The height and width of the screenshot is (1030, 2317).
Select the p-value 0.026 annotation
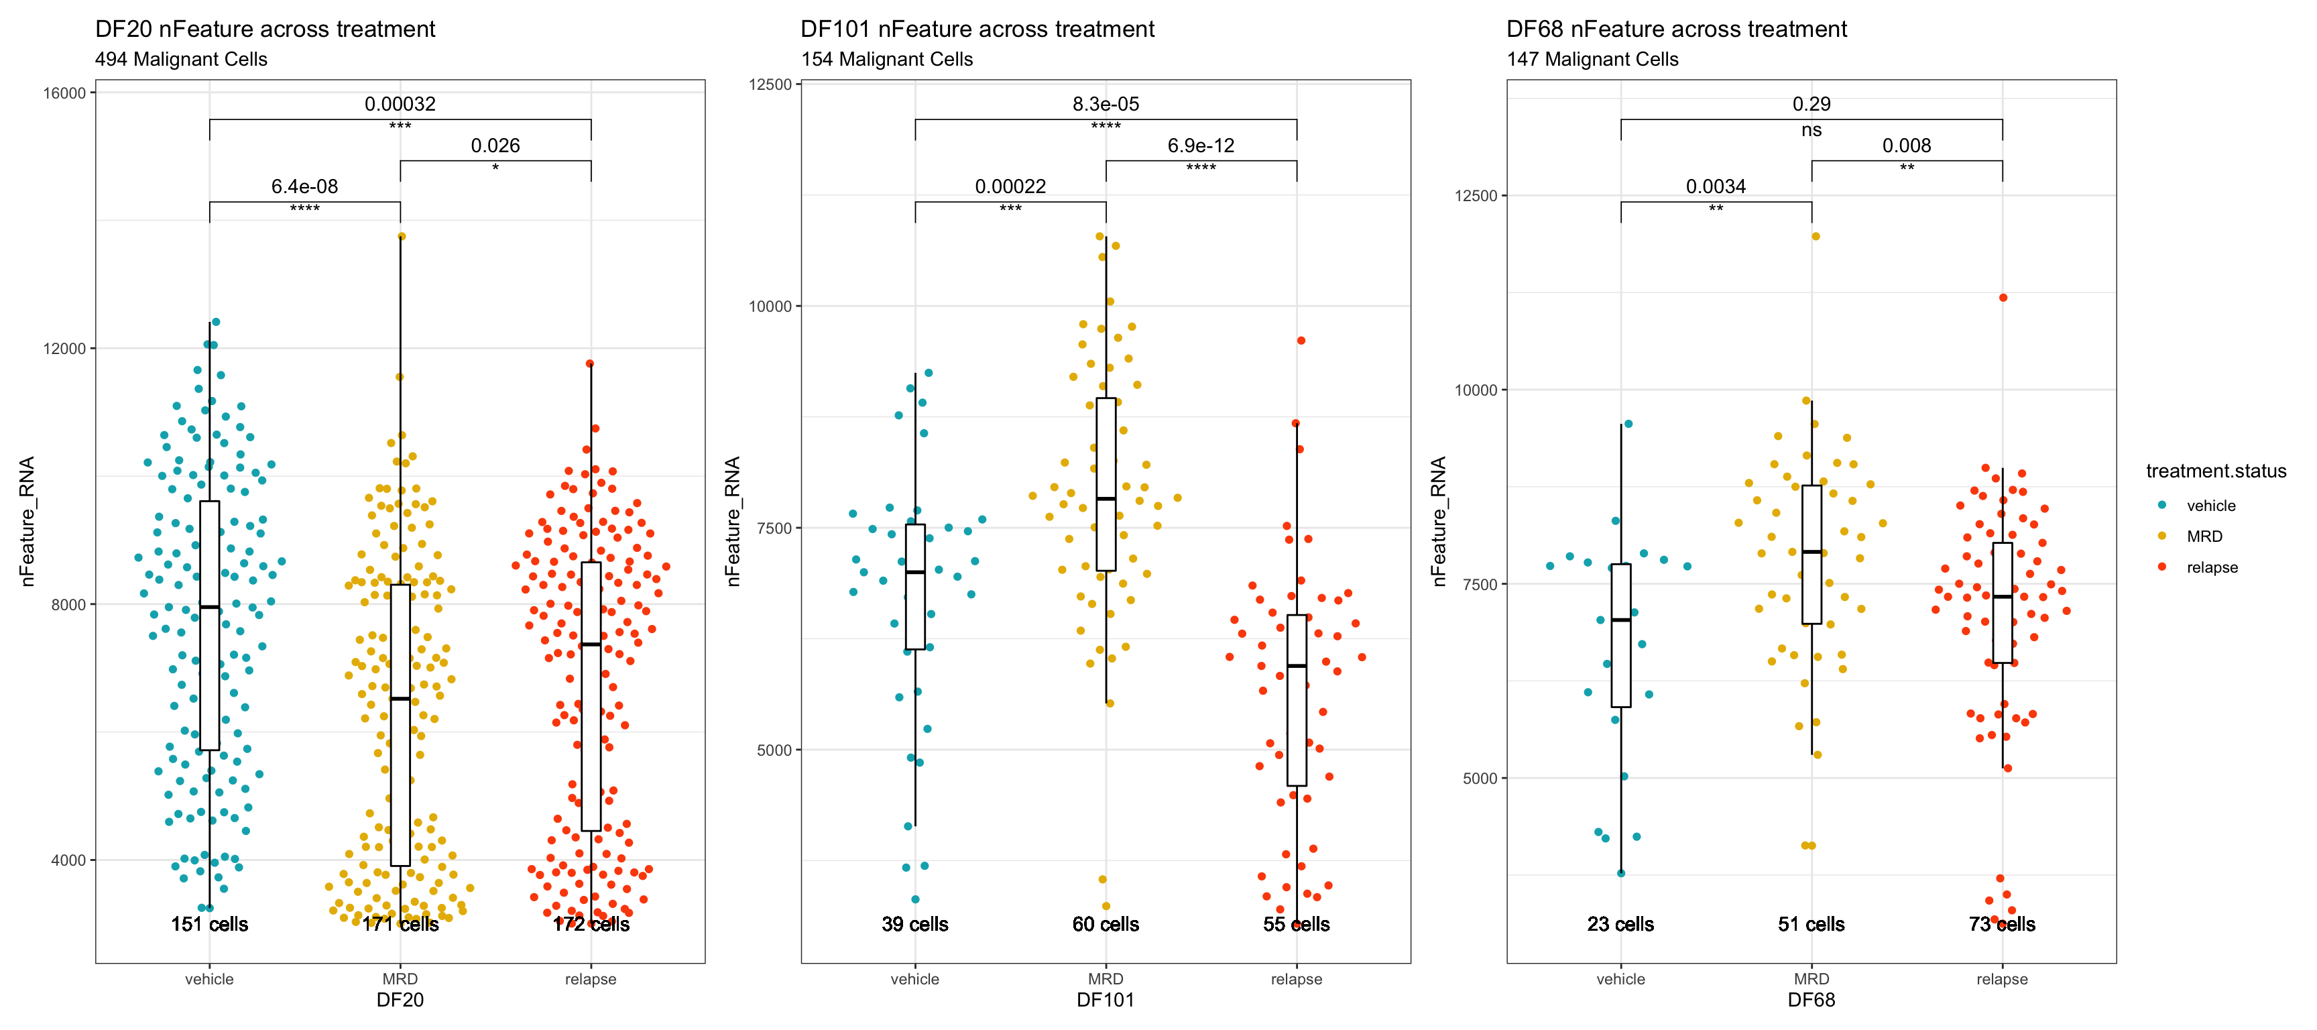pos(495,146)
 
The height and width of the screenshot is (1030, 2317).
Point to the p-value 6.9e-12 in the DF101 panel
pos(1201,146)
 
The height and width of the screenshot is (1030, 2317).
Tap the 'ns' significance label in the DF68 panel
pos(1811,131)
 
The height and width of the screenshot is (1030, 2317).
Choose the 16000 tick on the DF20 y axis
pos(65,93)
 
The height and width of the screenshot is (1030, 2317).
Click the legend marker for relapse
pos(2162,567)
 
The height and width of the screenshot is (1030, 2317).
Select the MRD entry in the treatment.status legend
pos(2204,536)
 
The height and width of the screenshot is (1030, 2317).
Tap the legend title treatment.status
pos(2215,471)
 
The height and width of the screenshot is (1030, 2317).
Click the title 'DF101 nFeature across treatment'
pos(977,30)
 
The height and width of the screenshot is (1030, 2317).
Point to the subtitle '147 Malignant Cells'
pos(1592,60)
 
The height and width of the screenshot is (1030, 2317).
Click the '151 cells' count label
pos(210,924)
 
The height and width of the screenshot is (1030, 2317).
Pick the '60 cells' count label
pos(1106,924)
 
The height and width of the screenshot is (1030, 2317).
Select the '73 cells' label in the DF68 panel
pos(2001,924)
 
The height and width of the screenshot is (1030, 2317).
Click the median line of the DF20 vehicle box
pos(210,608)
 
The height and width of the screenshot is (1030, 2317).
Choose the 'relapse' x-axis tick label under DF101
pos(1296,979)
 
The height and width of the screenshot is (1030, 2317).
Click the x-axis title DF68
pos(1811,1000)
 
